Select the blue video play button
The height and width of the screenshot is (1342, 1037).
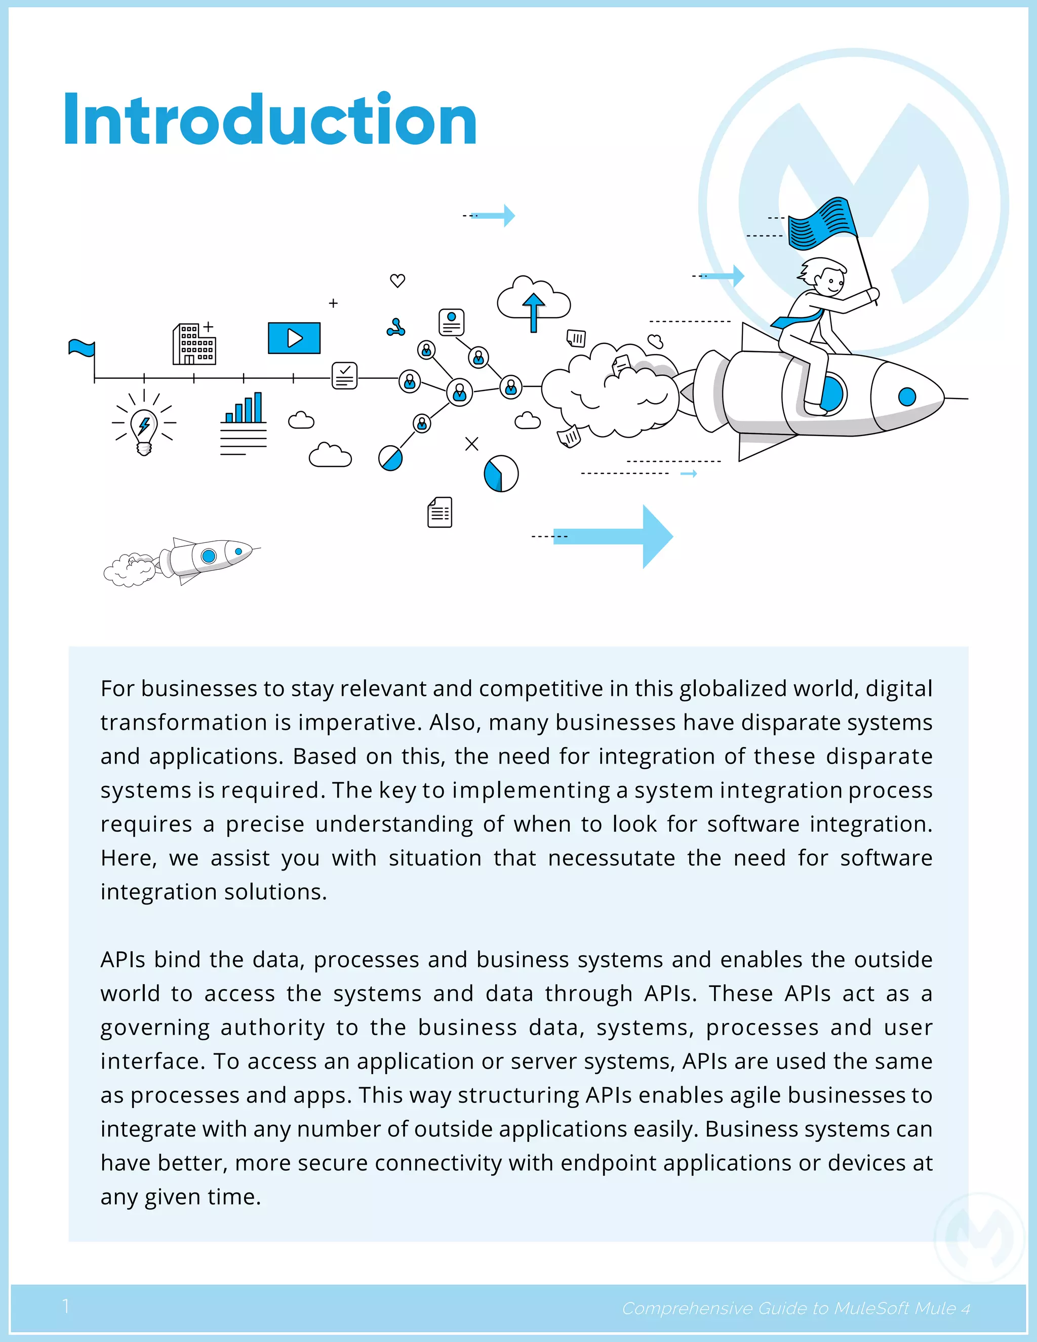pyautogui.click(x=294, y=338)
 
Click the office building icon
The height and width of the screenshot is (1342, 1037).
pyautogui.click(x=194, y=344)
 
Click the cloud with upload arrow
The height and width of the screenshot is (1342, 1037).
pyautogui.click(x=533, y=301)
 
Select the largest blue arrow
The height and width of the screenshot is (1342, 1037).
pyautogui.click(x=614, y=536)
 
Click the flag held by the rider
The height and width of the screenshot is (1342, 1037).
pyautogui.click(x=822, y=224)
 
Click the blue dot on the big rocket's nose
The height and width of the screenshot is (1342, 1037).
pyautogui.click(x=907, y=397)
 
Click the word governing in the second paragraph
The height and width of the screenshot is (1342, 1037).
pyautogui.click(x=155, y=1028)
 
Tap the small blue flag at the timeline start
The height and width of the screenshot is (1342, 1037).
pyautogui.click(x=82, y=349)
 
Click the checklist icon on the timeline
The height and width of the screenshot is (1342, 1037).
pyautogui.click(x=345, y=375)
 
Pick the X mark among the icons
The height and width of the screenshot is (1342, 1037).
pyautogui.click(x=471, y=444)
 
